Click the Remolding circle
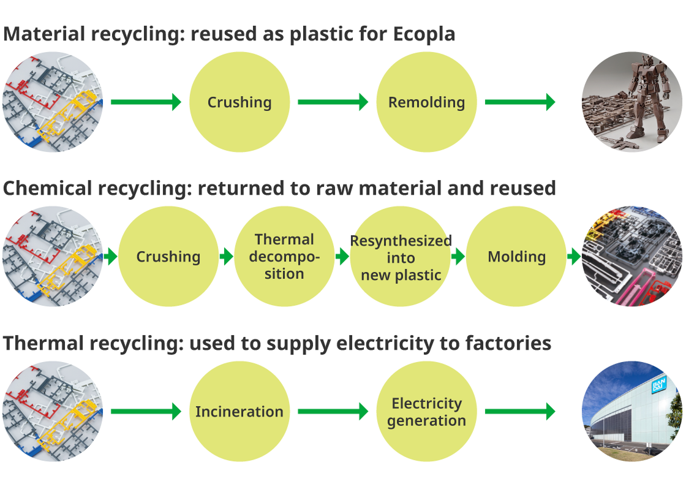pyautogui.click(x=426, y=102)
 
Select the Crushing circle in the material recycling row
pyautogui.click(x=239, y=102)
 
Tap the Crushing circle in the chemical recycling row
pyautogui.click(x=168, y=257)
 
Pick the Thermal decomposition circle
pyautogui.click(x=284, y=257)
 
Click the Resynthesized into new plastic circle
pyautogui.click(x=401, y=257)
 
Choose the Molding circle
pyautogui.click(x=516, y=257)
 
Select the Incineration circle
pyautogui.click(x=239, y=412)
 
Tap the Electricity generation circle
pyautogui.click(x=426, y=412)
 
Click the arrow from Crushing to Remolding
pyautogui.click(x=333, y=102)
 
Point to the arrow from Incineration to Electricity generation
pyautogui.click(x=333, y=412)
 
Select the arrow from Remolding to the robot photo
pyautogui.click(x=520, y=102)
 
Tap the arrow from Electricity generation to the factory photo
pyautogui.click(x=520, y=412)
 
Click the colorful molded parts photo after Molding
pyautogui.click(x=632, y=257)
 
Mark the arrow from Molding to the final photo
pyautogui.click(x=574, y=257)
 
